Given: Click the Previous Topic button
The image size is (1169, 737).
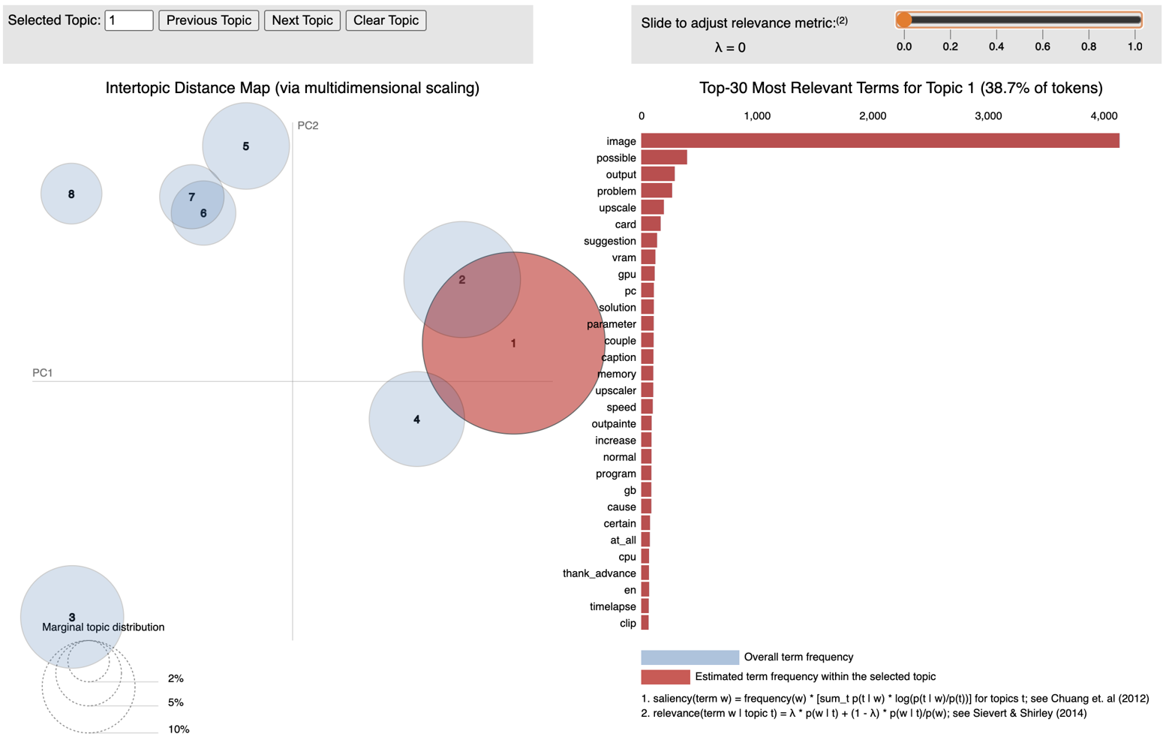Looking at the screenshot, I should click(x=209, y=20).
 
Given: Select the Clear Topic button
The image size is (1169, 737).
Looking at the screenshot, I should click(x=386, y=20).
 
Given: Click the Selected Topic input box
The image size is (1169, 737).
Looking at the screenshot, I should click(x=129, y=20).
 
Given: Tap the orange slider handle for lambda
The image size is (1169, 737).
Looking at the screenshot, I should click(x=904, y=20).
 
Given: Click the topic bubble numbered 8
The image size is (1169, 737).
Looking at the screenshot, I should click(x=71, y=194).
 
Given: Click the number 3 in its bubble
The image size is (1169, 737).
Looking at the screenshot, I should click(x=72, y=617).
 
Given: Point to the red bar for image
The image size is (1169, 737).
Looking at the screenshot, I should click(x=879, y=141).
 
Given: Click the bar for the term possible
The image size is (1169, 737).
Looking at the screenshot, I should click(x=664, y=158).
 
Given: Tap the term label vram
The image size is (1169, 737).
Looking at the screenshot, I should click(x=624, y=257).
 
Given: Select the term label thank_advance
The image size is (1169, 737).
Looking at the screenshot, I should click(x=599, y=573).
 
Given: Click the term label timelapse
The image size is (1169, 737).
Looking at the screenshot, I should click(x=612, y=606).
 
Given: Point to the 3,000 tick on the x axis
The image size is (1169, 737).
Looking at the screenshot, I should click(x=987, y=116).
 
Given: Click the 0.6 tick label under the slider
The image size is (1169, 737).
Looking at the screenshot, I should click(x=1042, y=47).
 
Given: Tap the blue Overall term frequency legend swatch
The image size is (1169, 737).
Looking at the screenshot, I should click(x=690, y=657).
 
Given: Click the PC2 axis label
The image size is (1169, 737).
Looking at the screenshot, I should click(x=308, y=125).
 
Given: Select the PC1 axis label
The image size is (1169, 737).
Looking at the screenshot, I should click(x=43, y=372).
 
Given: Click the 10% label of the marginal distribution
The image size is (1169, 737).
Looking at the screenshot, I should click(x=179, y=729).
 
